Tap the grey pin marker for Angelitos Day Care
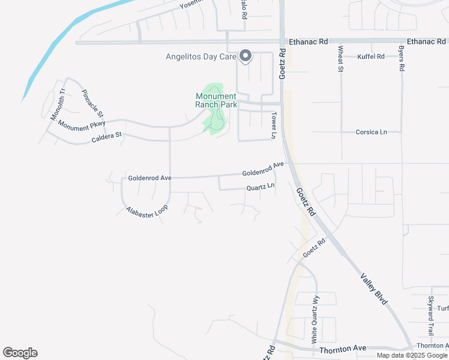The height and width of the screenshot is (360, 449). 246,56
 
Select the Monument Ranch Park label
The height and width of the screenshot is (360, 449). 216,100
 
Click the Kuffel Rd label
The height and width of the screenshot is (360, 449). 370,56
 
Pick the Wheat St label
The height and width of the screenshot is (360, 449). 340,59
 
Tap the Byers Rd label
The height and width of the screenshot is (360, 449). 402,58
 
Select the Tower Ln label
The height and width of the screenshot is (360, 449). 273,125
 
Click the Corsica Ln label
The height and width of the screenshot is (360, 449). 371,131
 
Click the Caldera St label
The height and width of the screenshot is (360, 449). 106,136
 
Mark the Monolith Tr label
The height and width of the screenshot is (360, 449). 58,103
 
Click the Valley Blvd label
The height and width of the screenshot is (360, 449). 374,290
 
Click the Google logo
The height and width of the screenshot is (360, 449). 20,353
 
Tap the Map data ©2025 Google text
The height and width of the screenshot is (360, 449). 412,355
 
